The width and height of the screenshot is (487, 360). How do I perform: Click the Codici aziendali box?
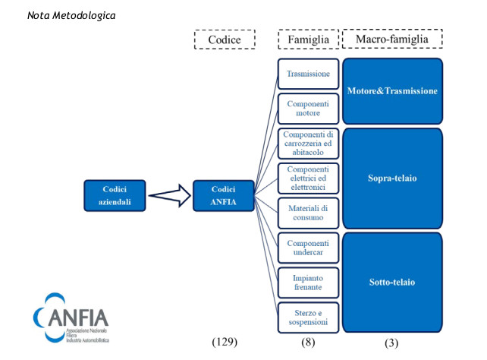click(x=115, y=195)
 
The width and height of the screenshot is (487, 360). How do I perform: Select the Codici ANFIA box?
click(x=224, y=195)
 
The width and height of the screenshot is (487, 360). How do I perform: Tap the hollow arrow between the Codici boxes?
click(x=170, y=195)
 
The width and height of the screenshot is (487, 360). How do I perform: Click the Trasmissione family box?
click(x=308, y=74)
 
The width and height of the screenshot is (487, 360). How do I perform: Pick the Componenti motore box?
click(x=308, y=109)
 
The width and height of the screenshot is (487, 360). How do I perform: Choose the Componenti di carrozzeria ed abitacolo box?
click(x=308, y=144)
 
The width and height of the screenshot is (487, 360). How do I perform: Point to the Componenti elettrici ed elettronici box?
click(x=308, y=178)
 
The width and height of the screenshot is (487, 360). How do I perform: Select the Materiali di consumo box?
click(x=308, y=213)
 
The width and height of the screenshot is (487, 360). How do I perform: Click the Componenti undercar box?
click(x=308, y=248)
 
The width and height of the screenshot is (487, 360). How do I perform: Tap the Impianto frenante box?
click(x=308, y=283)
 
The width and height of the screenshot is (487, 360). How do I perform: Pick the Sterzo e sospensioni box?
click(x=308, y=317)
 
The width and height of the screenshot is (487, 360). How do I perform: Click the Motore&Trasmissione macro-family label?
click(x=392, y=91)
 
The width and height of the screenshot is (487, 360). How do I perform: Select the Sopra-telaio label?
click(x=392, y=178)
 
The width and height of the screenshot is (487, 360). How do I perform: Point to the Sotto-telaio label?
click(x=392, y=282)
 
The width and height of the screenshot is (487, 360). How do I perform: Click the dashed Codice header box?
click(x=225, y=39)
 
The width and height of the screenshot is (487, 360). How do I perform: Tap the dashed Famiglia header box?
click(x=308, y=39)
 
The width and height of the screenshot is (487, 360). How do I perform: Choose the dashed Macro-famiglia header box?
click(x=392, y=39)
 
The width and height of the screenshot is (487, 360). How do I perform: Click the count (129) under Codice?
click(x=225, y=342)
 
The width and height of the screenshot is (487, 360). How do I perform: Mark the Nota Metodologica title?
click(x=71, y=15)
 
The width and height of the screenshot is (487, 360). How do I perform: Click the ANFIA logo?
click(x=71, y=317)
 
